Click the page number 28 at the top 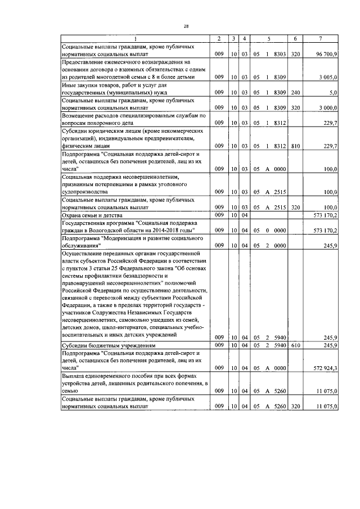[x=186, y=26]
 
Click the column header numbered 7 [x=320, y=38]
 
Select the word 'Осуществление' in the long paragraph [x=84, y=254]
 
